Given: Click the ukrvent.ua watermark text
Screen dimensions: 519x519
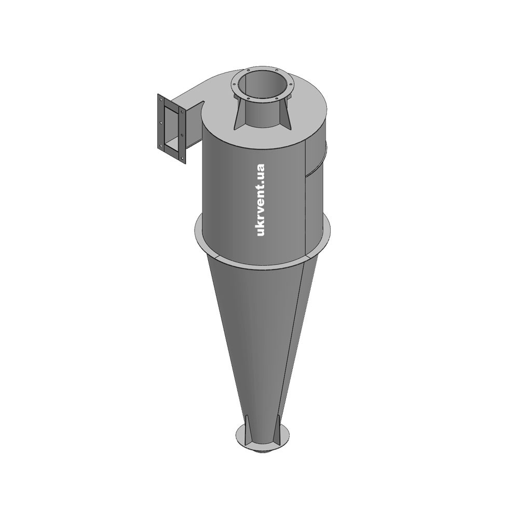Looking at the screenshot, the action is pyautogui.click(x=261, y=200).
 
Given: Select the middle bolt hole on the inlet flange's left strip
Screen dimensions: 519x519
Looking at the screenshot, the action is pyautogui.click(x=161, y=122).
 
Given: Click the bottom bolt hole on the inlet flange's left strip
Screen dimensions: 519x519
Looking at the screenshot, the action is pyautogui.click(x=161, y=145).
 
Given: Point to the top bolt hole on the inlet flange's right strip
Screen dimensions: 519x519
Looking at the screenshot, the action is pyautogui.click(x=182, y=112).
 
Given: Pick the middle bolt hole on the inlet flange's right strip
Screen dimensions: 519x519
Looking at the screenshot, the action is pyautogui.click(x=182, y=135).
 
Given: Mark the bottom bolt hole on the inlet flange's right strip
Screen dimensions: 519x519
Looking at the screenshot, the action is pyautogui.click(x=182, y=158).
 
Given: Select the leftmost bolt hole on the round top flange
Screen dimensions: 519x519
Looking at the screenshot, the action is pyautogui.click(x=234, y=87).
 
